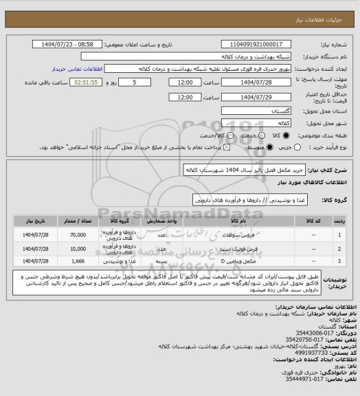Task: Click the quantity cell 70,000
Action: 78,235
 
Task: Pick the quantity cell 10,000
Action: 78,250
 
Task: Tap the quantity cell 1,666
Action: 78,262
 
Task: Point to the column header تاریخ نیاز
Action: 36,222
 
